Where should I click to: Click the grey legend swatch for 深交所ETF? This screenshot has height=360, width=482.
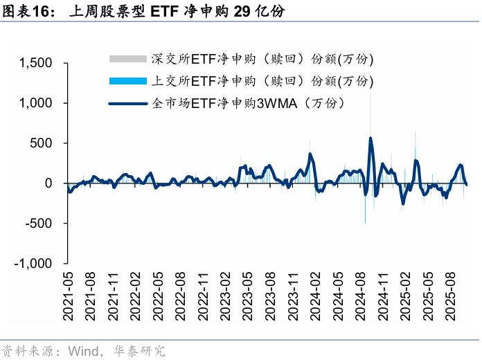[x=129, y=59]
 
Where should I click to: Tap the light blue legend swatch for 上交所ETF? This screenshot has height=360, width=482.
[x=129, y=81]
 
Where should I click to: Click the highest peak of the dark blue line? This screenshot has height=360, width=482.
[x=371, y=138]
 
